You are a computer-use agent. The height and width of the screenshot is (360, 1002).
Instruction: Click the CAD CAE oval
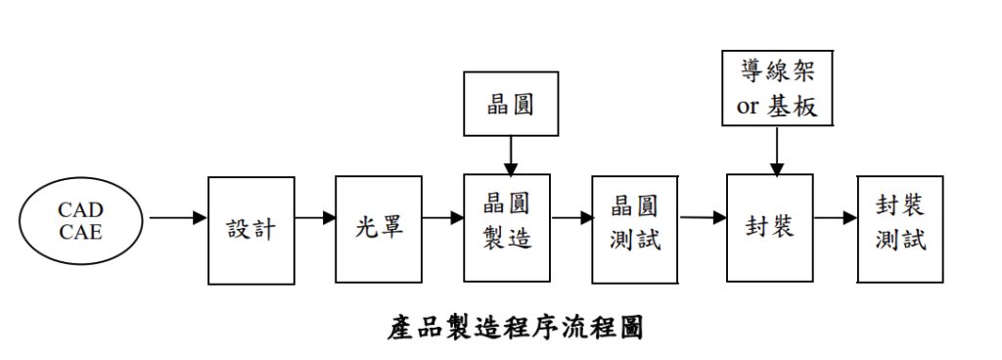[x=80, y=222]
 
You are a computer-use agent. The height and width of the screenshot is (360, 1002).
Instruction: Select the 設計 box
[x=250, y=230]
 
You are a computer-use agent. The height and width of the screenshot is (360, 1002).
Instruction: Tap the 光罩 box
[x=378, y=230]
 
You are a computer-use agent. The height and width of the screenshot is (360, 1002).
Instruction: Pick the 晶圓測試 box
[x=634, y=223]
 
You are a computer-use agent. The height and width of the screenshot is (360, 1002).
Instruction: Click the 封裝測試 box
[x=900, y=222]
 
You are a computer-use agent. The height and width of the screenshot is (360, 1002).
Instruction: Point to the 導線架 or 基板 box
[x=776, y=89]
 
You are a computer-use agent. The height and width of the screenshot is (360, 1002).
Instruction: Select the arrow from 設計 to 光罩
[x=314, y=217]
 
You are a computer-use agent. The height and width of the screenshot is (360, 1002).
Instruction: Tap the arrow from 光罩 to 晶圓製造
[x=441, y=217]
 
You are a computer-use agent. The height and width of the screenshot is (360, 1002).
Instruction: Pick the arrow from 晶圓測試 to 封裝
[x=702, y=217]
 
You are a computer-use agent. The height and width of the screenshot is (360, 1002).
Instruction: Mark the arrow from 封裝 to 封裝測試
[x=835, y=217]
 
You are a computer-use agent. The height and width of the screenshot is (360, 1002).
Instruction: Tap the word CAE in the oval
[x=80, y=233]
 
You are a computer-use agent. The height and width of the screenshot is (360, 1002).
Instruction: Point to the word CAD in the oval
[x=80, y=211]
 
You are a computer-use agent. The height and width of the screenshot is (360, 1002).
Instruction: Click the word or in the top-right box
[x=748, y=107]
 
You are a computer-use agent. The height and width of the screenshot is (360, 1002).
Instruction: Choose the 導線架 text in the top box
[x=777, y=71]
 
